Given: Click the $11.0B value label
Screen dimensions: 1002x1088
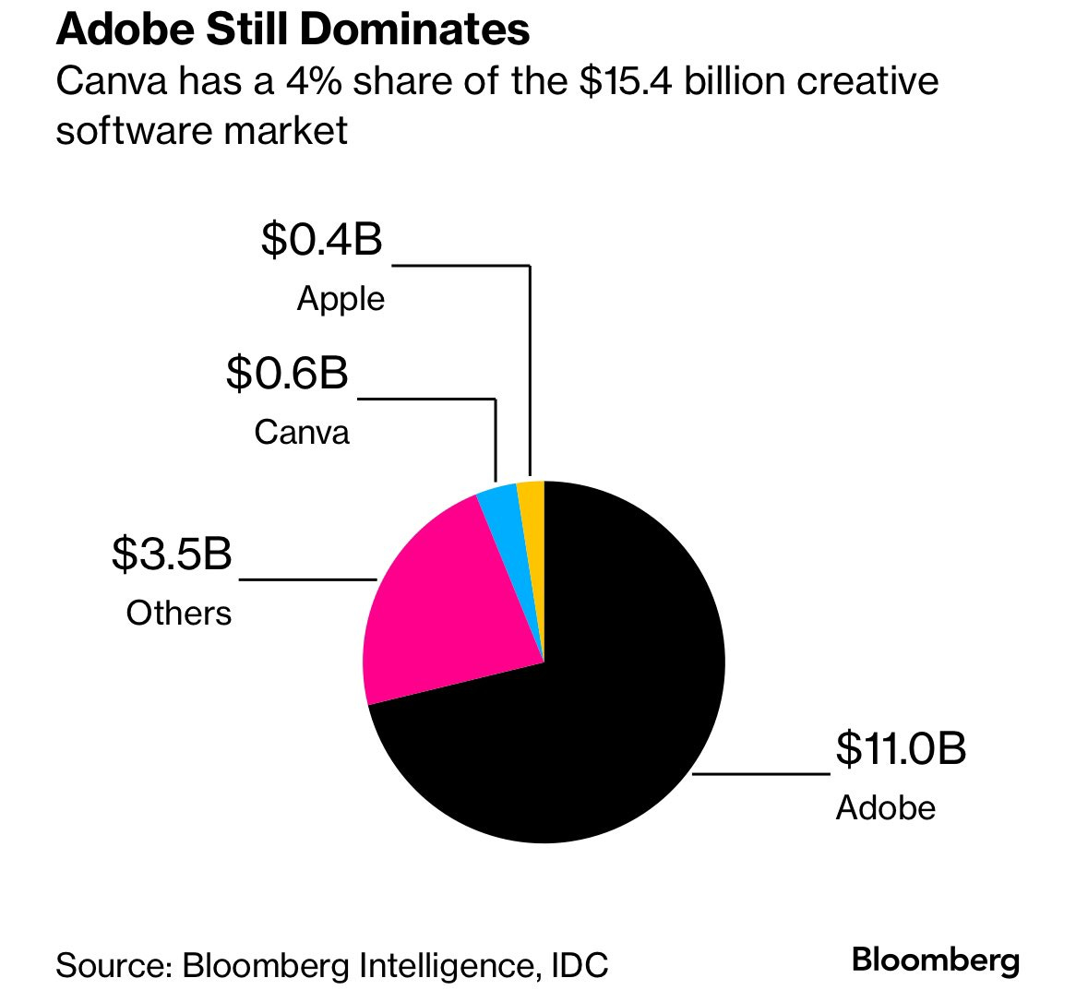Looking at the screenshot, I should coord(900,748).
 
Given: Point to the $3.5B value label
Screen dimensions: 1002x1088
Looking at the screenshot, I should coord(172,555).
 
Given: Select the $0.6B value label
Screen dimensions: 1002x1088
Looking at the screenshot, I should coord(287,374).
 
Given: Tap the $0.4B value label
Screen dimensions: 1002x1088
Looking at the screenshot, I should coord(321,240).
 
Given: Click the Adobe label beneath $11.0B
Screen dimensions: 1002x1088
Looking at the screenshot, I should coord(885,808).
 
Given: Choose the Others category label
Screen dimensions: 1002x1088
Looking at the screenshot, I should coord(178,614).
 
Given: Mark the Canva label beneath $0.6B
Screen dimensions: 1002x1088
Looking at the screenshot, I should coord(302,433).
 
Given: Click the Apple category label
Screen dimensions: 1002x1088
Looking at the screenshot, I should coord(340,299).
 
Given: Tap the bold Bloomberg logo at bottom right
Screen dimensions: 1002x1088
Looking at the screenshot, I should coord(935,960).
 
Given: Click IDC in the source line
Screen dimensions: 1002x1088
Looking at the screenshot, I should coord(580,965).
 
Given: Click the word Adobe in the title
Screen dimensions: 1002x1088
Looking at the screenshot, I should coord(124,30).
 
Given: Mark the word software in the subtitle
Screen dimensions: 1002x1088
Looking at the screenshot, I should coord(126,130).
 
